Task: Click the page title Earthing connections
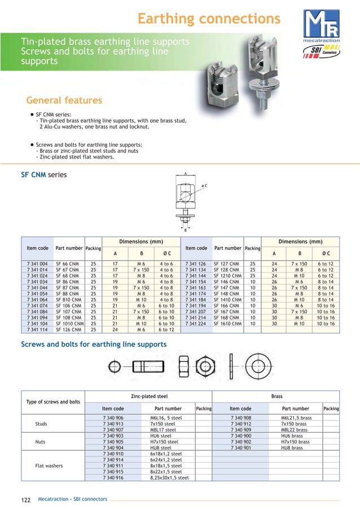coord(209,19)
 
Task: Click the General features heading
coord(64,100)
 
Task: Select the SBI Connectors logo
coord(322,52)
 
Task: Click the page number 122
coord(25,500)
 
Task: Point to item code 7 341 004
coord(37,264)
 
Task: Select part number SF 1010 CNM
coord(69,324)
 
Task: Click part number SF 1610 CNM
coord(227,324)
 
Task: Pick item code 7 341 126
coord(195,264)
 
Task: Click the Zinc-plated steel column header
coord(149,397)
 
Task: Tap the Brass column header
coord(276,397)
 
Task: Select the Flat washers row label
coord(49,466)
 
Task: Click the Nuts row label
coord(41,442)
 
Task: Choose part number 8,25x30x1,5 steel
coord(169,477)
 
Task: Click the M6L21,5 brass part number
coord(296,418)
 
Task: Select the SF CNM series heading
coord(43,174)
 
